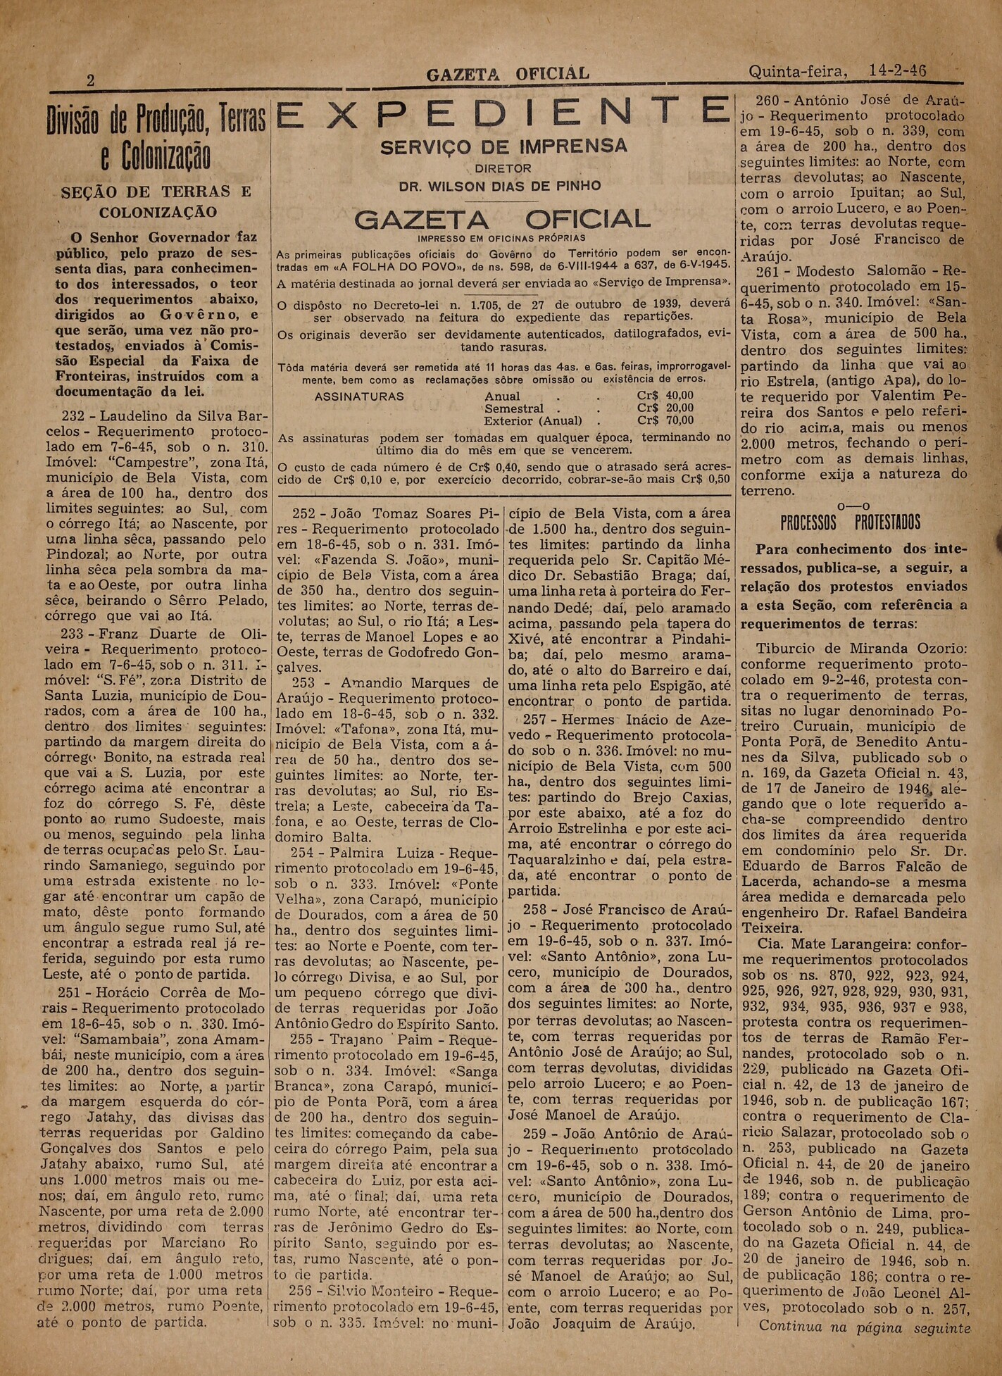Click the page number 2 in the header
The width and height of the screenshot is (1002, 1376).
[90, 80]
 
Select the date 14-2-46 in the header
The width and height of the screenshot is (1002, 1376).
[897, 71]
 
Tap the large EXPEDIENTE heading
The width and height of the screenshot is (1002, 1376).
[501, 113]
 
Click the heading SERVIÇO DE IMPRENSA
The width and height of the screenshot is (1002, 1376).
[503, 146]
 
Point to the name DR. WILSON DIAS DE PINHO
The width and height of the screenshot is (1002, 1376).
[500, 187]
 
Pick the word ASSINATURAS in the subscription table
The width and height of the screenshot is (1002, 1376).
[359, 396]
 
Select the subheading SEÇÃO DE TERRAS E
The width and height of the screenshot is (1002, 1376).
[156, 192]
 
